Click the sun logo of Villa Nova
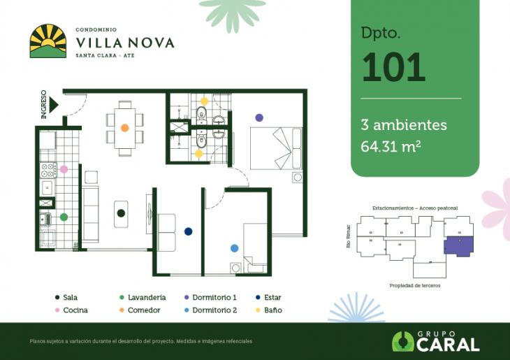(x=48, y=41)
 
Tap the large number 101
(x=393, y=67)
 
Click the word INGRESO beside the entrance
(x=44, y=104)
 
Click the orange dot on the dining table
(x=124, y=128)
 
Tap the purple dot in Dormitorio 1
(x=259, y=117)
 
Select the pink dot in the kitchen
(x=64, y=169)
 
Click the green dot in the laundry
(x=64, y=217)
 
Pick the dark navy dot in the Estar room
(x=188, y=231)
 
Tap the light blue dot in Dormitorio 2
(x=234, y=247)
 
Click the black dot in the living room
(x=120, y=213)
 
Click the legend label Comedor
(x=143, y=310)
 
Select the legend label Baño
(x=273, y=310)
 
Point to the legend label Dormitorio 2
(x=214, y=310)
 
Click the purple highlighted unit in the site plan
(x=458, y=246)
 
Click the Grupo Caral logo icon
(x=402, y=341)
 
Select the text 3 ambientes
(x=404, y=125)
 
